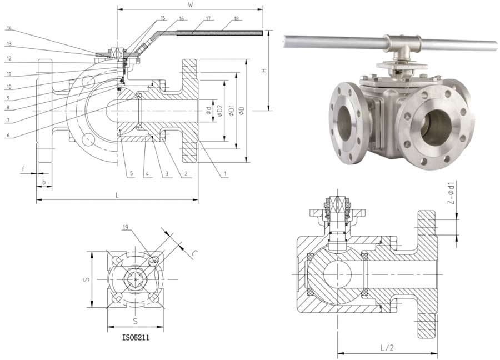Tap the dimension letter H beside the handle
[264, 71]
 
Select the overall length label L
[117, 196]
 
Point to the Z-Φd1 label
[451, 192]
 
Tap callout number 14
[10, 27]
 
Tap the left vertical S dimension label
[86, 279]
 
